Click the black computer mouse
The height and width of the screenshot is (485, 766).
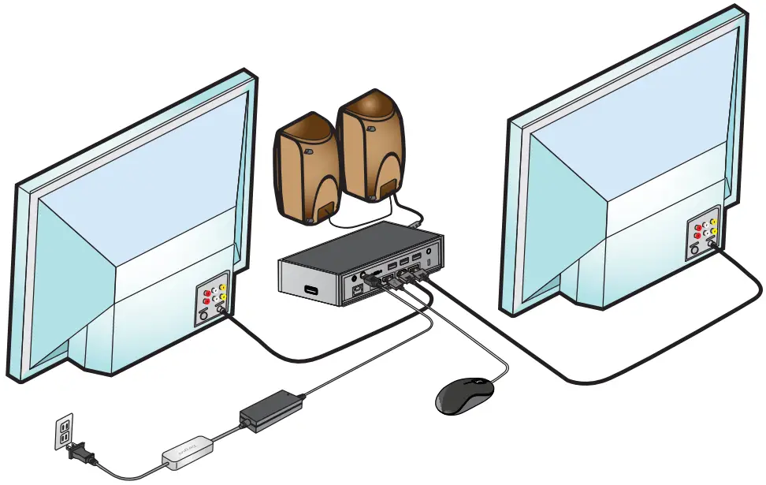(464, 394)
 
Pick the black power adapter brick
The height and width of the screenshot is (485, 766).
(271, 409)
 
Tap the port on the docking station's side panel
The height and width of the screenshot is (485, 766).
(313, 289)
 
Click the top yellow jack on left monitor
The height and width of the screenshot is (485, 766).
(224, 287)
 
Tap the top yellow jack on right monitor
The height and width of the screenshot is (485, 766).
(713, 222)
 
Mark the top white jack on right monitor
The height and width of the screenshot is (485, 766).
(705, 224)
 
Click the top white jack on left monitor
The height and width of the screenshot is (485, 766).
(215, 289)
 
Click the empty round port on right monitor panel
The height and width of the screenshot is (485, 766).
(695, 251)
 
